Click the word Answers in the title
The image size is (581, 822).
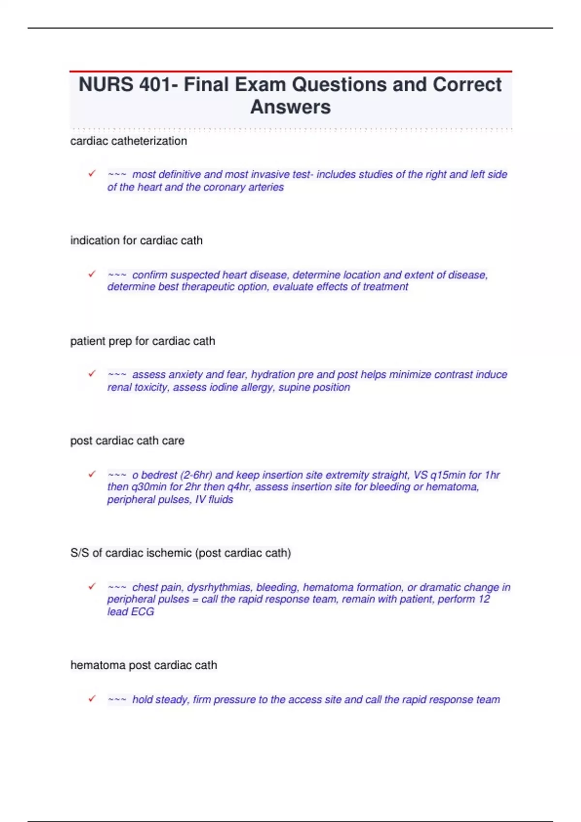tap(290, 107)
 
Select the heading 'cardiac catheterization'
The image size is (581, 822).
tap(128, 141)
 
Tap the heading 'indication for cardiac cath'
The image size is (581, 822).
tap(136, 240)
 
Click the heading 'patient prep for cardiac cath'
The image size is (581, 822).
tap(142, 341)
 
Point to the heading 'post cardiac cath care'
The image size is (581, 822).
tap(127, 440)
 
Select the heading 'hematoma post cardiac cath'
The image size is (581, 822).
tap(143, 665)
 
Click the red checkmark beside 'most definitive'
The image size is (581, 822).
tap(92, 173)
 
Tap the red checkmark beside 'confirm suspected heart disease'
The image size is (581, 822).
tap(92, 274)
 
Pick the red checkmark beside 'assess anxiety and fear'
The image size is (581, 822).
tap(92, 373)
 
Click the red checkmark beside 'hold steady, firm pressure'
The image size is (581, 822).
tap(92, 698)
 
